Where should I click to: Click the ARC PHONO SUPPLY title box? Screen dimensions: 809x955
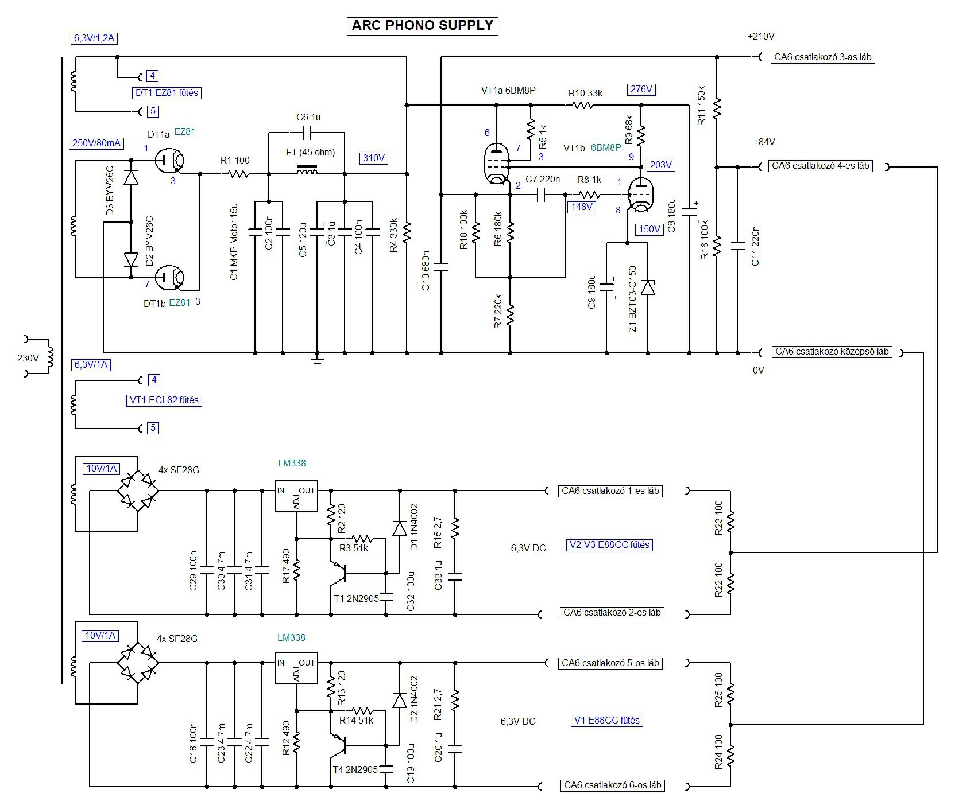click(422, 26)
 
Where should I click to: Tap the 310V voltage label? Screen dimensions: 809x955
click(374, 158)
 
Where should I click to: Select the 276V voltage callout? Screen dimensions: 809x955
click(641, 90)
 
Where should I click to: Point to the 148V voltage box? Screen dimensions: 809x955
click(581, 207)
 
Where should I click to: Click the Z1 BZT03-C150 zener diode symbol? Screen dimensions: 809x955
click(648, 287)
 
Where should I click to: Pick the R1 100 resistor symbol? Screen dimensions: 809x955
click(235, 173)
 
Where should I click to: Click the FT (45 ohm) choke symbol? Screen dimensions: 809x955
click(307, 170)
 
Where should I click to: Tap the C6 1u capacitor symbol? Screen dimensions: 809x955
click(308, 133)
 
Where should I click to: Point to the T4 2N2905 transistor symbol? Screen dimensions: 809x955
click(340, 744)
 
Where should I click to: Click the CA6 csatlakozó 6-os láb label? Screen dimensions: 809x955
click(612, 785)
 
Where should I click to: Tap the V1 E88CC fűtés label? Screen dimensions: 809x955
click(606, 721)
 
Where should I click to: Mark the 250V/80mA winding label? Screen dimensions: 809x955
click(96, 143)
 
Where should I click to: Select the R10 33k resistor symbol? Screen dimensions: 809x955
click(582, 105)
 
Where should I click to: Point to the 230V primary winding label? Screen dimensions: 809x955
click(28, 358)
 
